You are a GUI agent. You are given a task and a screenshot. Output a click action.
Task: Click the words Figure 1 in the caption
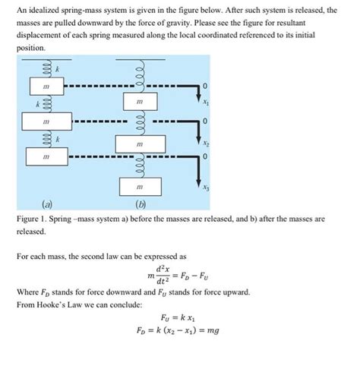point(33,217)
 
